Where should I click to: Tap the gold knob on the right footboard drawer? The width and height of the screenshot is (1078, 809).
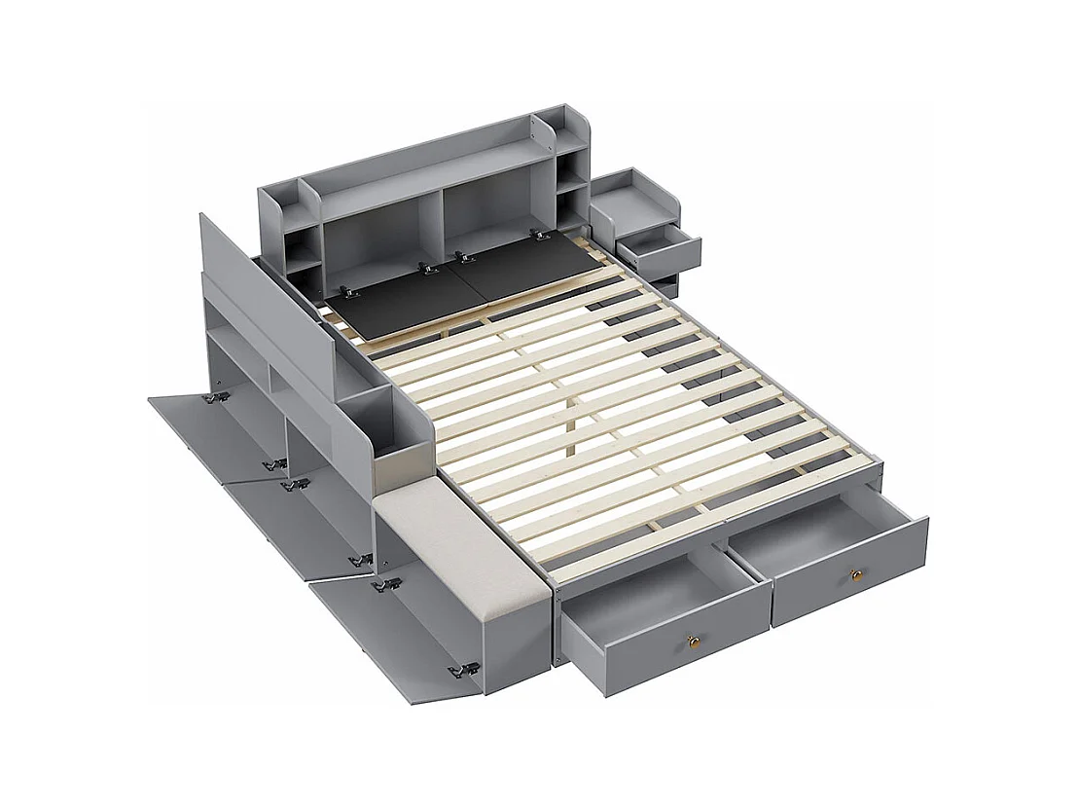click(x=856, y=575)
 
